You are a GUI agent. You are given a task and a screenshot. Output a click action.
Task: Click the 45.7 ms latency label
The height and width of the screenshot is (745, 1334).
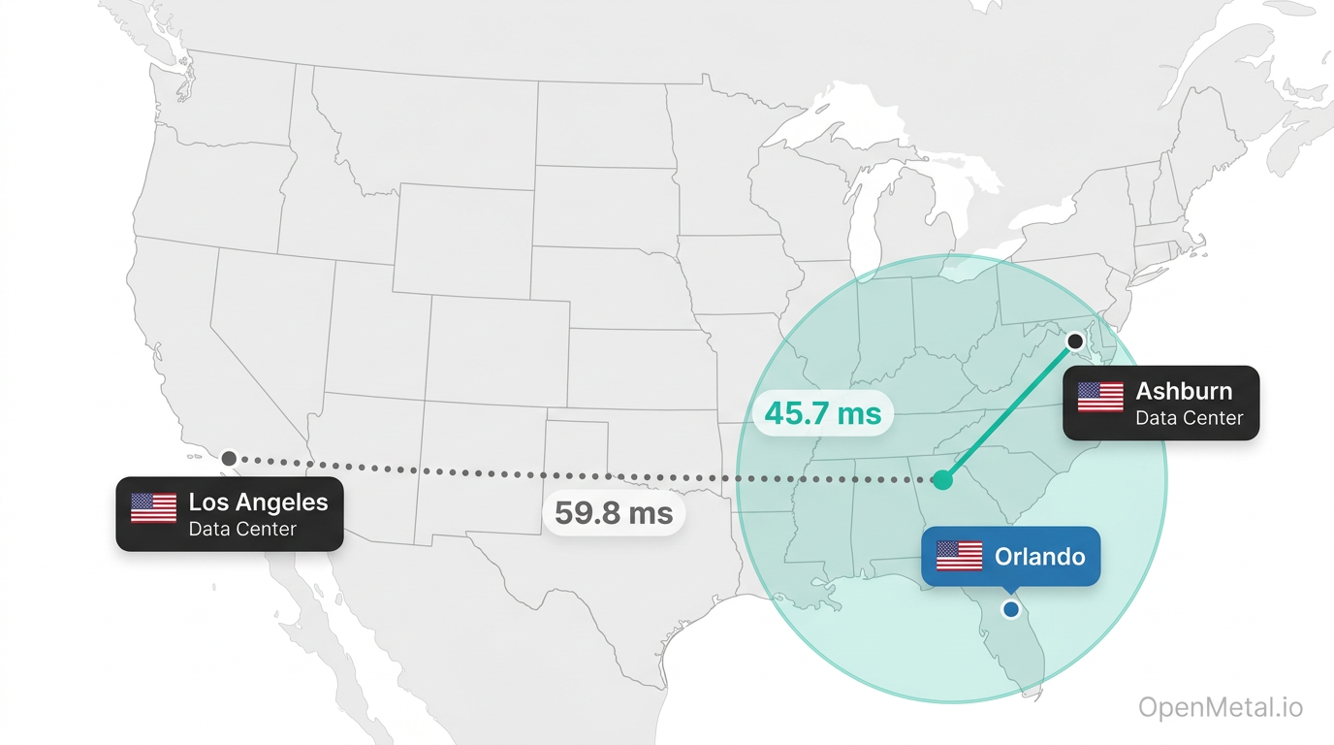[x=822, y=414]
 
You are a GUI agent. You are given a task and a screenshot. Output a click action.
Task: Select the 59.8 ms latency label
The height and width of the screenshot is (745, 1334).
[x=613, y=512]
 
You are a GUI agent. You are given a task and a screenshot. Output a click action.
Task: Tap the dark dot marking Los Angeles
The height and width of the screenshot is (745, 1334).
[x=229, y=458]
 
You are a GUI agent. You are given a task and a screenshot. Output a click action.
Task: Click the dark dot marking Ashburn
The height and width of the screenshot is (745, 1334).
[x=1074, y=341]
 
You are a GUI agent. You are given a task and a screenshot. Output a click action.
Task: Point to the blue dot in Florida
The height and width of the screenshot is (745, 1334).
[x=1011, y=609]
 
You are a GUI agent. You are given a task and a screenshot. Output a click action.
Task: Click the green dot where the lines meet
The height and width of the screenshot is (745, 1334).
[x=941, y=479]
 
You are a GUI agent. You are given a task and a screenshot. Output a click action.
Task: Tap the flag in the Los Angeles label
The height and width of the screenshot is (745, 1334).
[x=153, y=507]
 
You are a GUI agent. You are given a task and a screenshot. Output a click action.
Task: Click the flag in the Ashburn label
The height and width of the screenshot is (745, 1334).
[x=1100, y=397]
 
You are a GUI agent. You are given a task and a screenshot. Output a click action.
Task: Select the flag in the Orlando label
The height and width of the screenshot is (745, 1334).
[x=959, y=557]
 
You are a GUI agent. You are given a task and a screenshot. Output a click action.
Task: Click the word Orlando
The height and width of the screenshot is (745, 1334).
[x=1039, y=557]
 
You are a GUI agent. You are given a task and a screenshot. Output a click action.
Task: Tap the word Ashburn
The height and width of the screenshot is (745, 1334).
[x=1184, y=391]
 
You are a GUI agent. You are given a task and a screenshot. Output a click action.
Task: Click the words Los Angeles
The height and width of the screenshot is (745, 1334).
[x=258, y=502]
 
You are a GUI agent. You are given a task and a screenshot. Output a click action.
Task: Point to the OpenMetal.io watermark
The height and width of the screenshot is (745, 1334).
[x=1220, y=708]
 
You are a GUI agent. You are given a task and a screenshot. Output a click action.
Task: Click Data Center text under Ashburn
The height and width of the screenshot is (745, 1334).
[x=1189, y=419]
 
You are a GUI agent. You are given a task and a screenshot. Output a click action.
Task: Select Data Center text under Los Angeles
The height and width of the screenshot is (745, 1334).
[x=242, y=530]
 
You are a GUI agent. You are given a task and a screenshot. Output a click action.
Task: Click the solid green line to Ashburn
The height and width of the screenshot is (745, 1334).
[x=1008, y=410]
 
